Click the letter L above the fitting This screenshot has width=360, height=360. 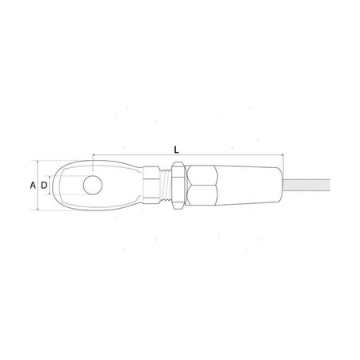(x=176, y=150)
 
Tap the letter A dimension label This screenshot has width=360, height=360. (x=33, y=185)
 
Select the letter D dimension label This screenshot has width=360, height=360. (x=44, y=185)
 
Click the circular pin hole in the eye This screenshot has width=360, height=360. (x=93, y=185)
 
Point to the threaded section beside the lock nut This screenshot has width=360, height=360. (x=166, y=185)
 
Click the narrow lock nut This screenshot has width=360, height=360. (x=178, y=185)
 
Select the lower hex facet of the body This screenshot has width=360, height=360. (x=202, y=195)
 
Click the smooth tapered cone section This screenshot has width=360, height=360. (x=250, y=185)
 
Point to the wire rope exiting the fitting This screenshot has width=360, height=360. (x=306, y=185)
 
